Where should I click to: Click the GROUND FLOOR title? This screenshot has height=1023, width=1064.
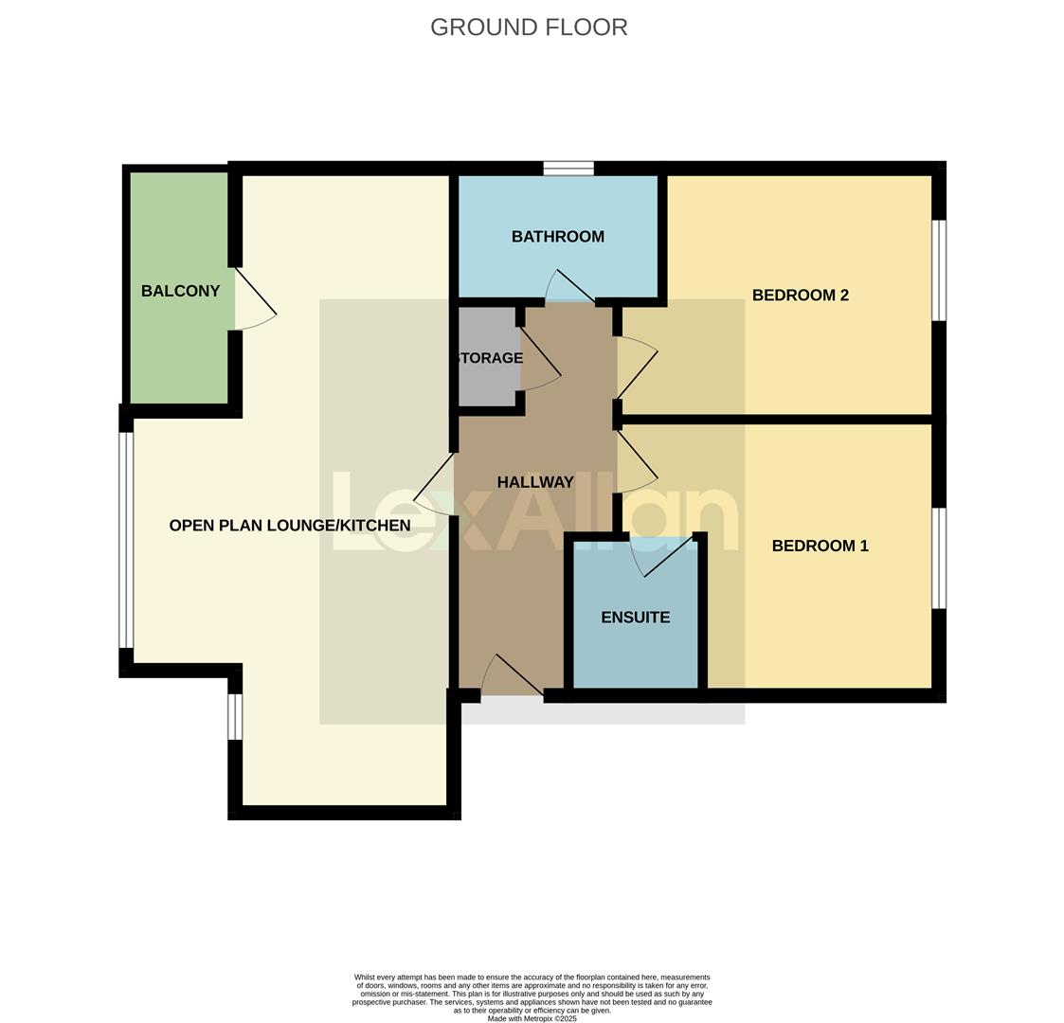click(529, 27)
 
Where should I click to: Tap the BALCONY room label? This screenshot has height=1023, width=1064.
click(180, 292)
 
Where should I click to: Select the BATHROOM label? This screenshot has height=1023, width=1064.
click(557, 237)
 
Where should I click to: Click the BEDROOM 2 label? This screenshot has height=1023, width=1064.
click(800, 296)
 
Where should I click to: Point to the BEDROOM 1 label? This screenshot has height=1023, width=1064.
click(820, 546)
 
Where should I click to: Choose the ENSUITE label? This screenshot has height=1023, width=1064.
click(635, 618)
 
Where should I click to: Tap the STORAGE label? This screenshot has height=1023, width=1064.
click(489, 358)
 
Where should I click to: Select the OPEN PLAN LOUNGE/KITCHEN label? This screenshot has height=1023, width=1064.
click(289, 526)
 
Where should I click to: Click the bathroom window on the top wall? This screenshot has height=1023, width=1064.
click(568, 169)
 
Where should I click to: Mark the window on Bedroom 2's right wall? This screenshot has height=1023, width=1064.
click(939, 271)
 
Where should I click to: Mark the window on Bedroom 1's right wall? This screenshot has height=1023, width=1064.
click(939, 558)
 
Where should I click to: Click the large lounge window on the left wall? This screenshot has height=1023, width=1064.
click(126, 539)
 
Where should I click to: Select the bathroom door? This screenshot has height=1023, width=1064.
click(570, 287)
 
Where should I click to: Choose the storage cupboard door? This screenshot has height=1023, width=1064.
click(540, 356)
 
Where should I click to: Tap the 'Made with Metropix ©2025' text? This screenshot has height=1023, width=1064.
click(532, 1018)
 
